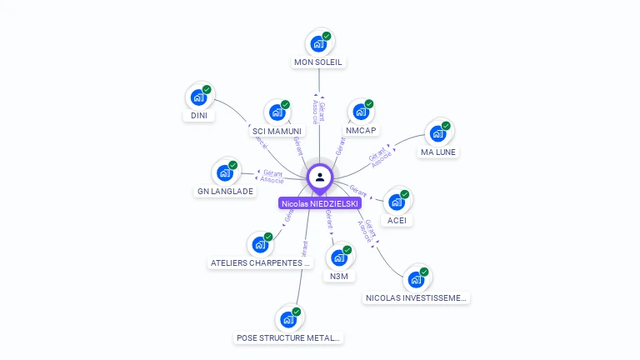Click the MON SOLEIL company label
click(x=318, y=62)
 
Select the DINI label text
click(x=199, y=116)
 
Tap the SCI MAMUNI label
click(x=277, y=132)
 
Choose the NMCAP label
click(x=361, y=131)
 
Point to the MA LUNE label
click(x=439, y=152)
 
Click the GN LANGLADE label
click(x=225, y=192)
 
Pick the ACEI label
click(x=397, y=221)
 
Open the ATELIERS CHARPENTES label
click(x=260, y=263)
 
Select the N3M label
click(x=339, y=276)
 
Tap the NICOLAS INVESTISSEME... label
click(x=417, y=297)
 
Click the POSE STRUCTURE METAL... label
click(x=288, y=338)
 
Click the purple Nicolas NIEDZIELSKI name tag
click(x=320, y=203)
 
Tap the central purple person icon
click(x=320, y=177)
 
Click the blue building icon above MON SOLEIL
click(x=317, y=43)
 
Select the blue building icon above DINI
click(x=198, y=97)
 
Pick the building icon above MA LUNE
click(x=437, y=134)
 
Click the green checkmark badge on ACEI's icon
click(x=405, y=194)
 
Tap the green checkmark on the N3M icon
click(x=347, y=250)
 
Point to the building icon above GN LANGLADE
click(x=224, y=173)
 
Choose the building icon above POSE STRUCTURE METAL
click(x=287, y=320)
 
